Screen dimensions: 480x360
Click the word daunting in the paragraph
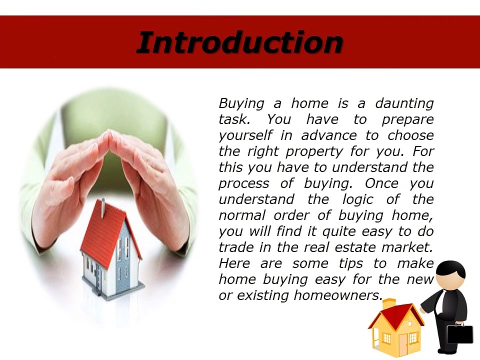point(404,104)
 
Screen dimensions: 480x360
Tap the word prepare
point(408,120)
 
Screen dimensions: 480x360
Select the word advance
point(329,135)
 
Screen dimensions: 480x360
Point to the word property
point(314,152)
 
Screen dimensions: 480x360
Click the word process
point(244,184)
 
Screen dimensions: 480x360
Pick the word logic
point(357,199)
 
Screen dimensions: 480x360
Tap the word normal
point(242,215)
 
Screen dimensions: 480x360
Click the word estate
point(355,247)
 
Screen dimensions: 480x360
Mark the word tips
point(351,264)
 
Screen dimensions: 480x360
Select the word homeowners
point(338,295)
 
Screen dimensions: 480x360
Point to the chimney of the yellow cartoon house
point(389,304)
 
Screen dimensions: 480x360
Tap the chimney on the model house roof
point(103,204)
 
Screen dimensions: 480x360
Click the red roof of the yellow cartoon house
point(397,315)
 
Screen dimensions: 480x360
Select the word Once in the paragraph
point(381,183)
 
